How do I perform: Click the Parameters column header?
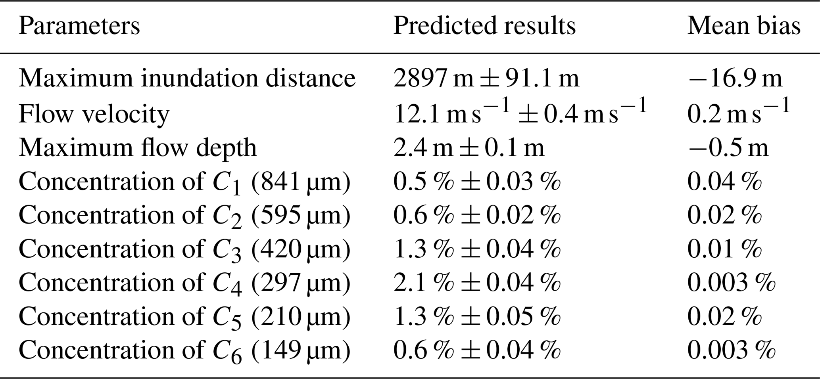point(79,26)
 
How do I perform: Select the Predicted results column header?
point(484,26)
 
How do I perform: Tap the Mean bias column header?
point(744,26)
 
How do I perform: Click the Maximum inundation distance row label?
point(187,78)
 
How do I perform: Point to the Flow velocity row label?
point(94,114)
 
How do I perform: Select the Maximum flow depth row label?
point(138,148)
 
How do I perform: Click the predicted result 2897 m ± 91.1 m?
point(486,78)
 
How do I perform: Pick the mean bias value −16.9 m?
point(735,78)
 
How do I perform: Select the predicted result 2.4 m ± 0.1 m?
point(469,148)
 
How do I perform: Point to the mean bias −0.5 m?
point(728,148)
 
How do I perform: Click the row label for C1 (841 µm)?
point(184,182)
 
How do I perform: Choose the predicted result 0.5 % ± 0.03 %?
point(477,182)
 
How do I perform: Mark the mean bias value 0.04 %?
point(724,182)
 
